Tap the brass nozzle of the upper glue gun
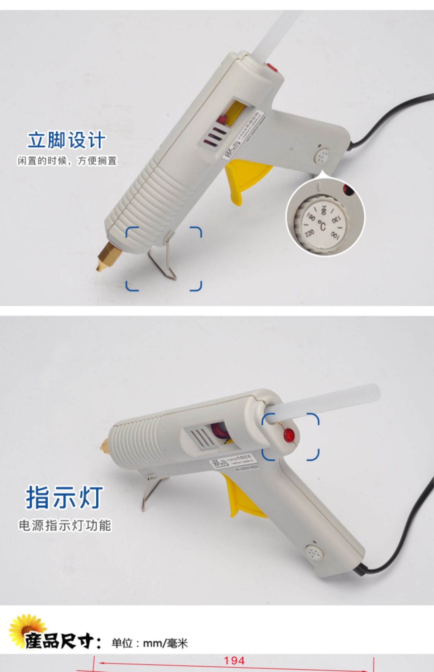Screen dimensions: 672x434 tap(106, 256)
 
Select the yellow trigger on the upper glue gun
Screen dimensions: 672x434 tap(240, 179)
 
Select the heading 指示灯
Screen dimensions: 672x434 tap(64, 498)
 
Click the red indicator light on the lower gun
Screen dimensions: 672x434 tap(288, 434)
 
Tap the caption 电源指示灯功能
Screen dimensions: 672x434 tap(65, 525)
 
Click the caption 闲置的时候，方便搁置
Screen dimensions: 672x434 tap(67, 161)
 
